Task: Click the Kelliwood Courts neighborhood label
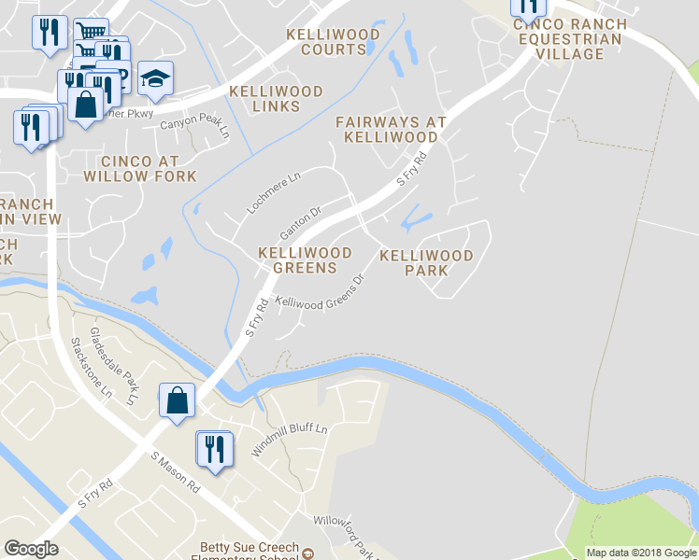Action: click(333, 42)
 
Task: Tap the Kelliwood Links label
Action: click(277, 99)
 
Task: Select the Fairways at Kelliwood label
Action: click(391, 129)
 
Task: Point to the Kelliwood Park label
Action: click(427, 262)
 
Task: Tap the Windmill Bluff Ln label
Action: click(289, 441)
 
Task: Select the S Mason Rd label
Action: click(176, 472)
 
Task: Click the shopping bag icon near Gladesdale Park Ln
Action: click(177, 401)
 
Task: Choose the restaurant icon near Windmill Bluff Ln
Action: click(214, 450)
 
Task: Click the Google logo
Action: click(31, 549)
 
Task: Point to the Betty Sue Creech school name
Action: click(250, 548)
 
